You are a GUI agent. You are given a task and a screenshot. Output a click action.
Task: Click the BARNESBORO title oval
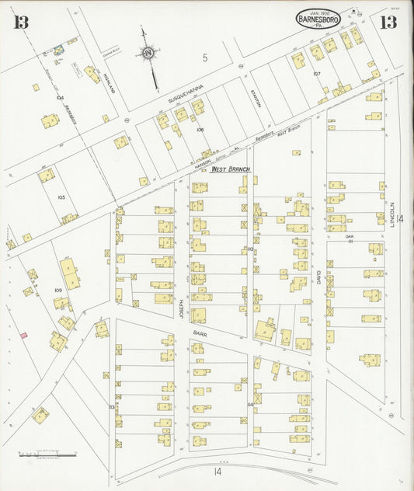pyautogui.click(x=317, y=19)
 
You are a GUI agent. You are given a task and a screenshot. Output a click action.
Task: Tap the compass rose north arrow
pyautogui.click(x=147, y=54)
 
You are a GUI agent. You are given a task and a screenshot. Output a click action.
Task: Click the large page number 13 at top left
pyautogui.click(x=20, y=22)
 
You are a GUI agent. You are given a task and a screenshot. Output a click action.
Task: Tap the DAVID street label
pyautogui.click(x=318, y=273)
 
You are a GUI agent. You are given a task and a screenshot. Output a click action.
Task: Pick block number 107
pyautogui.click(x=317, y=73)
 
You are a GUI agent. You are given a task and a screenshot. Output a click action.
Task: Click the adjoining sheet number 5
pyautogui.click(x=205, y=57)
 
